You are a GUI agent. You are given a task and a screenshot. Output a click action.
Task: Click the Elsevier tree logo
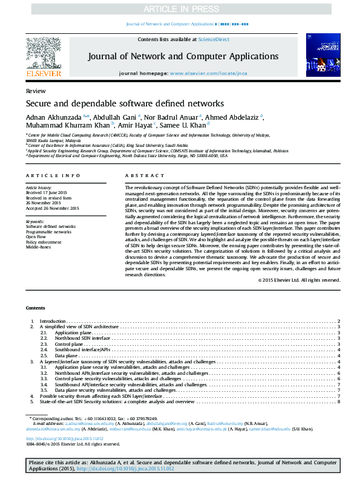pos(43,54)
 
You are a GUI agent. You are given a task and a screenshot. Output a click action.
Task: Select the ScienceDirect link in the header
pos(214,39)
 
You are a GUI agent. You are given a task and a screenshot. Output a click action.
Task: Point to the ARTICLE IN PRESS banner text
pos(180,10)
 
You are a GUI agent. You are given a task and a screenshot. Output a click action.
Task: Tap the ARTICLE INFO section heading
pos(53,175)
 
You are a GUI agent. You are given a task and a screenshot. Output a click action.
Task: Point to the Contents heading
pos(36,308)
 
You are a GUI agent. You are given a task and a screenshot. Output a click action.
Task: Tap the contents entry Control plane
pos(68,344)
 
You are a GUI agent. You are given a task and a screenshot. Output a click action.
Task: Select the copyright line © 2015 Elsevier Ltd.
pos(307,281)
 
